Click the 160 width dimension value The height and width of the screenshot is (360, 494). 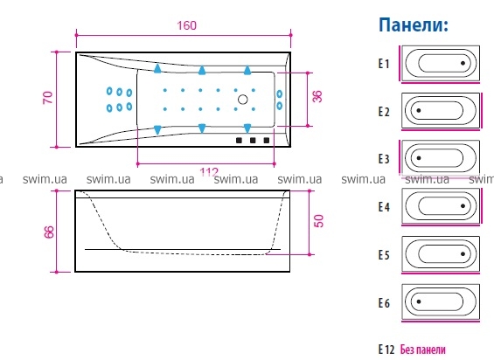(x=186, y=25)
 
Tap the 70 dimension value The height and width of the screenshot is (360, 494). (x=47, y=98)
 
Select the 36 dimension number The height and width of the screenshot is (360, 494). (x=317, y=96)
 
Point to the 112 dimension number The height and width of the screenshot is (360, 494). (x=209, y=171)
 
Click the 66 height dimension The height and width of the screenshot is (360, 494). (x=49, y=232)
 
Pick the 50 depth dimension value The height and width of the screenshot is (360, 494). (x=319, y=221)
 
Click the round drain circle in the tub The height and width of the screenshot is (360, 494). (x=242, y=100)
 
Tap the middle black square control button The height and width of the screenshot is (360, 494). (x=253, y=140)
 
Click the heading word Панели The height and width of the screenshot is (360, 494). (x=414, y=24)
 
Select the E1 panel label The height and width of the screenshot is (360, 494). (x=384, y=64)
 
